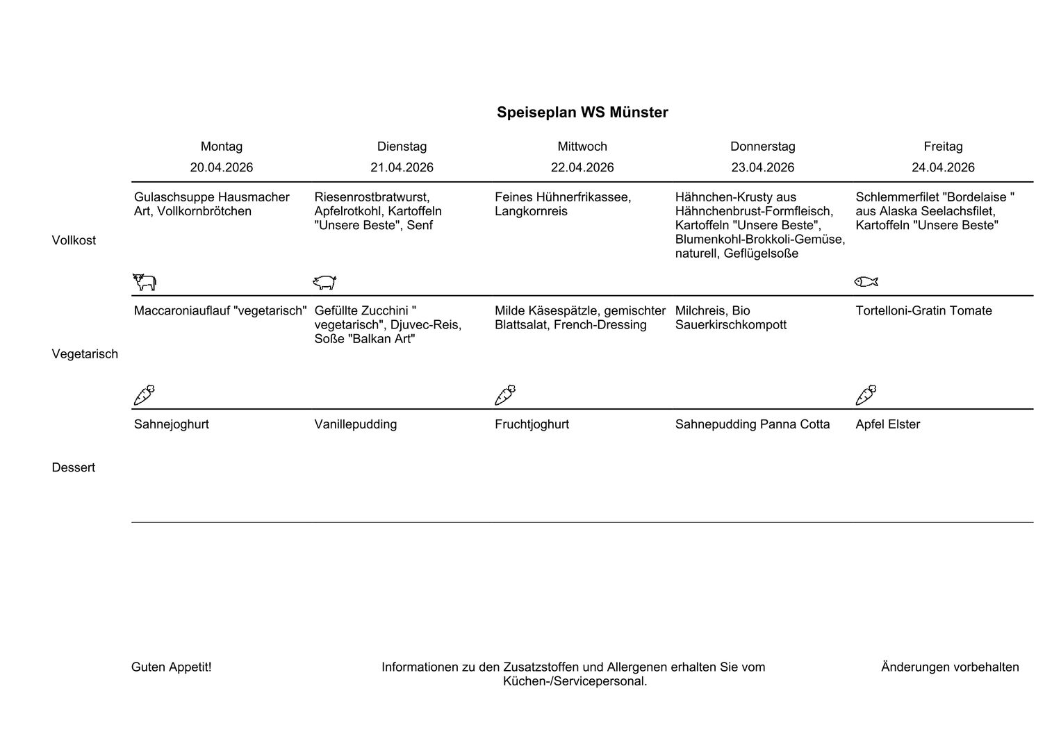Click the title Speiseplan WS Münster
pos(582,112)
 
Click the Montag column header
pos(222,147)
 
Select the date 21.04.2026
pos(402,167)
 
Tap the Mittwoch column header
pos(582,147)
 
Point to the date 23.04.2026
pos(762,167)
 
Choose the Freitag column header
pos(943,147)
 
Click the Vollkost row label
pos(74,240)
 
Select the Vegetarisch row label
pos(85,354)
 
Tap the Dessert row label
pos(73,467)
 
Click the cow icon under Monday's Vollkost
pos(145,282)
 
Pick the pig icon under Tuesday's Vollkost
pos(324,282)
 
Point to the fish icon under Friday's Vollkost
pos(866,281)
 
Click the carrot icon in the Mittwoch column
pos(505,395)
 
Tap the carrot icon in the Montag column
pos(144,395)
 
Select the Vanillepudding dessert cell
pos(356,424)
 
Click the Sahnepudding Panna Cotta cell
pos(752,424)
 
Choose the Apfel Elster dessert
pos(887,424)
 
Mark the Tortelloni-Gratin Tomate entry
pos(923,310)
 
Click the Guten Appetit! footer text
pos(171,667)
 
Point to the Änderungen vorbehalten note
pos(950,667)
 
